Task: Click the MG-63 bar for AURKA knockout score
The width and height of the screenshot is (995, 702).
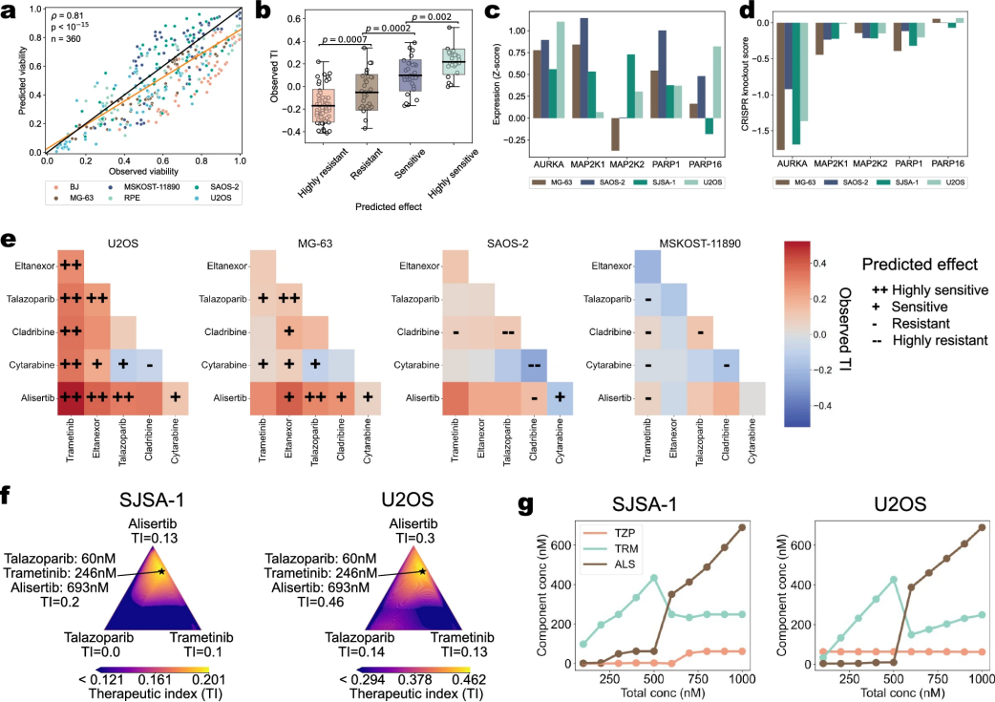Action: coord(780,86)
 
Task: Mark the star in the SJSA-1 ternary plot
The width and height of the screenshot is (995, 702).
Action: coord(161,571)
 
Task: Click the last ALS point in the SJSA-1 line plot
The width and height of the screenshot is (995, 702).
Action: coord(741,527)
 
